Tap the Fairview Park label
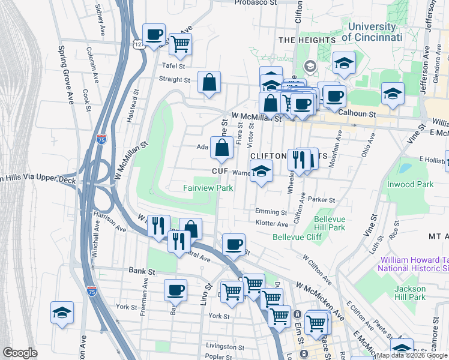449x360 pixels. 208,188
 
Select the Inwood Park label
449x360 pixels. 410,184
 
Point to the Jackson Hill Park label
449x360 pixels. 410,293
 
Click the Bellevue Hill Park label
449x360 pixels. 330,224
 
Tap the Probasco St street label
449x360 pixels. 256,2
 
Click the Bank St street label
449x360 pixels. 142,271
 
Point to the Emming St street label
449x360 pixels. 271,212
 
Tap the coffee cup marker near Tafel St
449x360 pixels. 154,34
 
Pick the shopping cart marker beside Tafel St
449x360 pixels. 180,43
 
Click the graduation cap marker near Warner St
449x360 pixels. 261,171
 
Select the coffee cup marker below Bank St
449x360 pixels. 175,289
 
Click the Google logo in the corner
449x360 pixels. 20,353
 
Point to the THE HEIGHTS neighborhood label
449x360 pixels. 307,40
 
